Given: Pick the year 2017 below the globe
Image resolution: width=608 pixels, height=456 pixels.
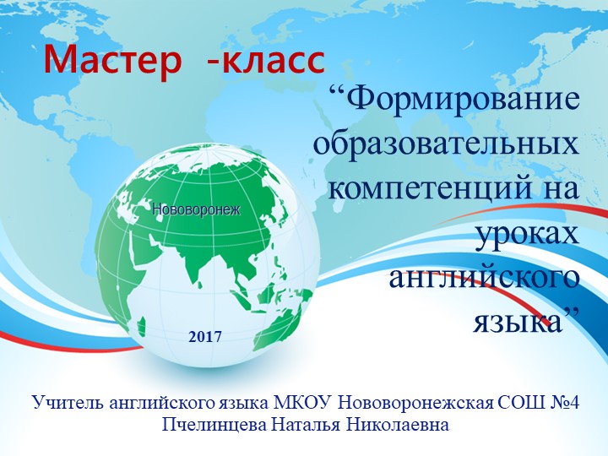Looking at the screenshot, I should pyautogui.click(x=205, y=336).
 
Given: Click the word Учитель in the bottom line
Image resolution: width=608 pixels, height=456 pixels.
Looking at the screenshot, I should pyautogui.click(x=68, y=400).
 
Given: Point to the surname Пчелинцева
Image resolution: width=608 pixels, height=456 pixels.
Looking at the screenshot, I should pyautogui.click(x=214, y=423).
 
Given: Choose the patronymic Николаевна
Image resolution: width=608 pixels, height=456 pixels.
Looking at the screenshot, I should pyautogui.click(x=397, y=423).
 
